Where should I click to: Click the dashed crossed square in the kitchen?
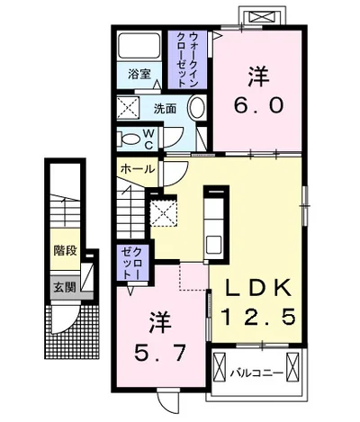[163, 212]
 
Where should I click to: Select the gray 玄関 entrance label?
[63, 288]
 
